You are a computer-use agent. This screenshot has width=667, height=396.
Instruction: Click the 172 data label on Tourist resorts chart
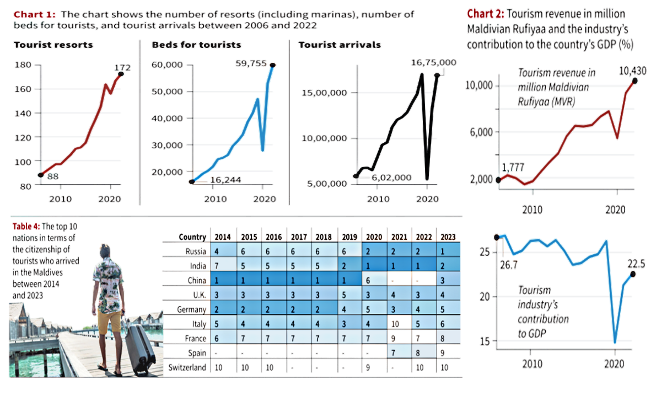point(122,68)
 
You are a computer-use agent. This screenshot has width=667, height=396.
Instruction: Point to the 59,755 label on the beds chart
point(251,64)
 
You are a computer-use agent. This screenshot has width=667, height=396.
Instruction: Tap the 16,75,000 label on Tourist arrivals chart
point(433,63)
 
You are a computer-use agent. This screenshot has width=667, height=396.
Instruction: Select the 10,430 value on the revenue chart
point(633,71)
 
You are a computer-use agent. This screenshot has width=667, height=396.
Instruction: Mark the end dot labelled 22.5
point(633,274)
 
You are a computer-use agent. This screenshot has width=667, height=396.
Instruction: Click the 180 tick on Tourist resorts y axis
point(24,65)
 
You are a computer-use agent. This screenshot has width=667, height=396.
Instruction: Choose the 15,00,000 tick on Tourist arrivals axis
point(324,93)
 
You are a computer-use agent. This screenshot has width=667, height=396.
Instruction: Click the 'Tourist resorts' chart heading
point(53,45)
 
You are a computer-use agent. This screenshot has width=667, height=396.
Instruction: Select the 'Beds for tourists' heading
point(196,45)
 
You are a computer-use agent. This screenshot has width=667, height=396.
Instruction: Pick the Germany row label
point(192,310)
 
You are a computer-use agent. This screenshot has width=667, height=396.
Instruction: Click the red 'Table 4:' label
point(25,226)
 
